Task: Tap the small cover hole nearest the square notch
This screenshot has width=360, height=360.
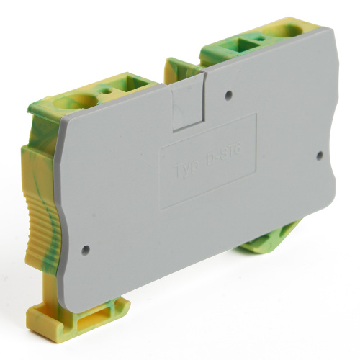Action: point(228,94)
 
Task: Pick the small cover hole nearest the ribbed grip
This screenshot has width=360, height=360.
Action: point(86,251)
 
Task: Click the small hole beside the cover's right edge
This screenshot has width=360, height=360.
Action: point(320,154)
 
